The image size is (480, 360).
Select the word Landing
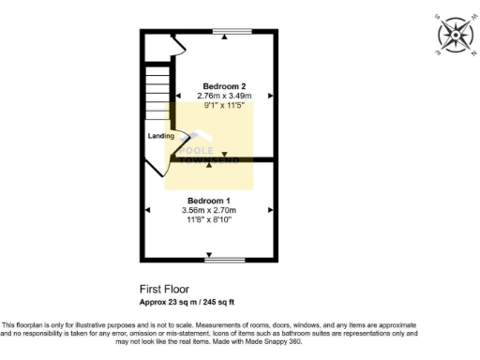pos(160,137)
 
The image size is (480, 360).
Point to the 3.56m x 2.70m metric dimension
pos(208,211)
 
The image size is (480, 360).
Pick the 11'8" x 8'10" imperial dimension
pos(208,220)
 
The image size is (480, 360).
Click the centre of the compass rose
pos(456,35)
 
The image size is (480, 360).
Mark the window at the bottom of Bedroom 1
pos(225,260)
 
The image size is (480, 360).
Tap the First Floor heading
pos(159,291)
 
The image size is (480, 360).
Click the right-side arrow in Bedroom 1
pos(271,211)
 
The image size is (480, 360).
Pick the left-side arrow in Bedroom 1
pos(146,211)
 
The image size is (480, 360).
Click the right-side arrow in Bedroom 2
pos(271,96)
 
